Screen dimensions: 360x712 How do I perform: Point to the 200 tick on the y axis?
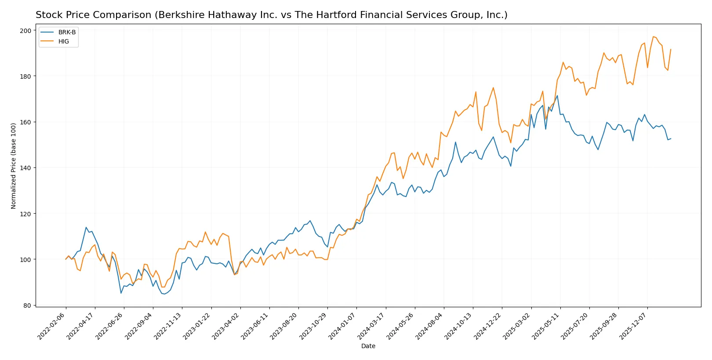pos(25,30)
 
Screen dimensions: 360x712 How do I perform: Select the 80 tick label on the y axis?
pos(27,305)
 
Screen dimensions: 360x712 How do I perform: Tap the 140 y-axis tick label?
pos(25,168)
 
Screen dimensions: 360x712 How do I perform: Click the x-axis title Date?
pos(368,346)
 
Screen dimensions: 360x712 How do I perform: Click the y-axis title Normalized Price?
pos(13,166)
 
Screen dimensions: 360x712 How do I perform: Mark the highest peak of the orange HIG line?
pos(653,36)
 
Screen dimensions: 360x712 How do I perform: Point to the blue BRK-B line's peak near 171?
pos(557,96)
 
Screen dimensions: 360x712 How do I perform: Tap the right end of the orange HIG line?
pos(671,49)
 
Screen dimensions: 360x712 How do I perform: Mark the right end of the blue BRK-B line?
pos(671,139)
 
